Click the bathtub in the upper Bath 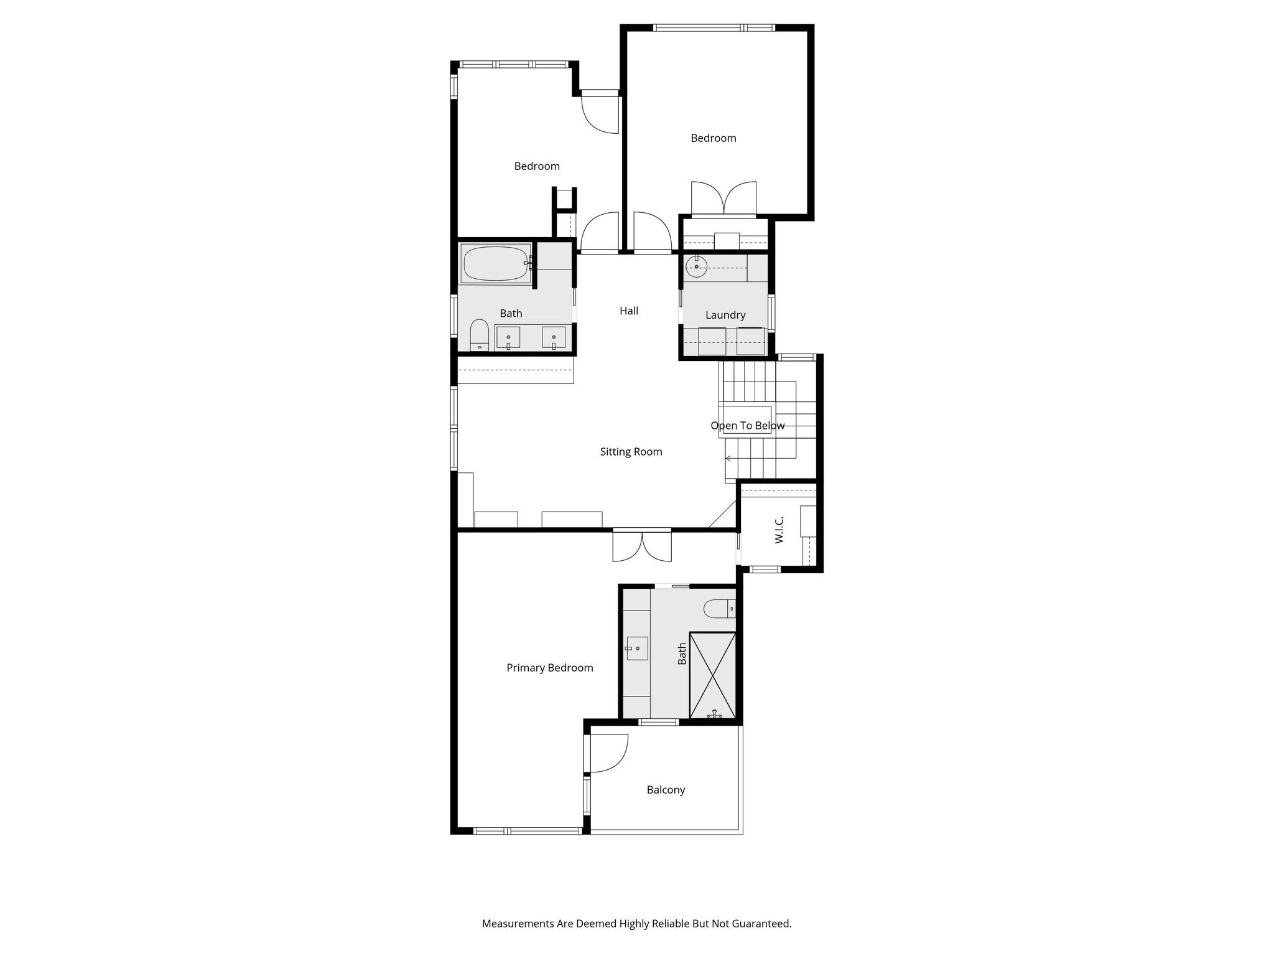(495, 264)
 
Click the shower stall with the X (713, 675)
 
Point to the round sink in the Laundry (697, 267)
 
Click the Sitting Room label (631, 452)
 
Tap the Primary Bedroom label (549, 668)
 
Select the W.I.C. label (779, 530)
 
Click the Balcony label (666, 790)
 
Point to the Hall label (629, 311)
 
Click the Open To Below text (747, 426)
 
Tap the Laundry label (725, 315)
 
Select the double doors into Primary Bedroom (642, 545)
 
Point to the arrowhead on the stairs (728, 459)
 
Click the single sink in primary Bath (636, 649)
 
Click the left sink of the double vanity (508, 339)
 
